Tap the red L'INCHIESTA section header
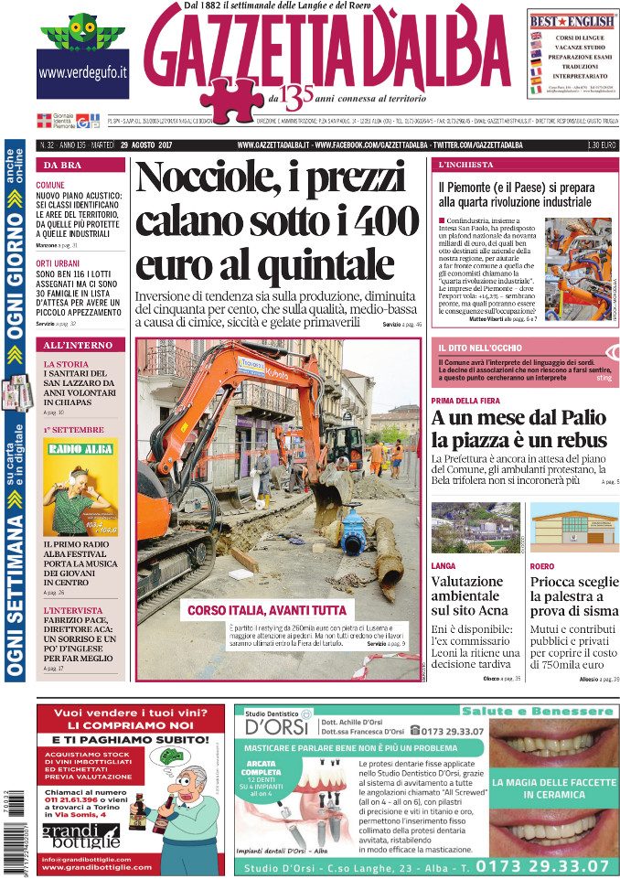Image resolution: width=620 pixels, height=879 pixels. (466, 166)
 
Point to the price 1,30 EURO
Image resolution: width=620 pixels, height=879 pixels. (599, 145)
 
